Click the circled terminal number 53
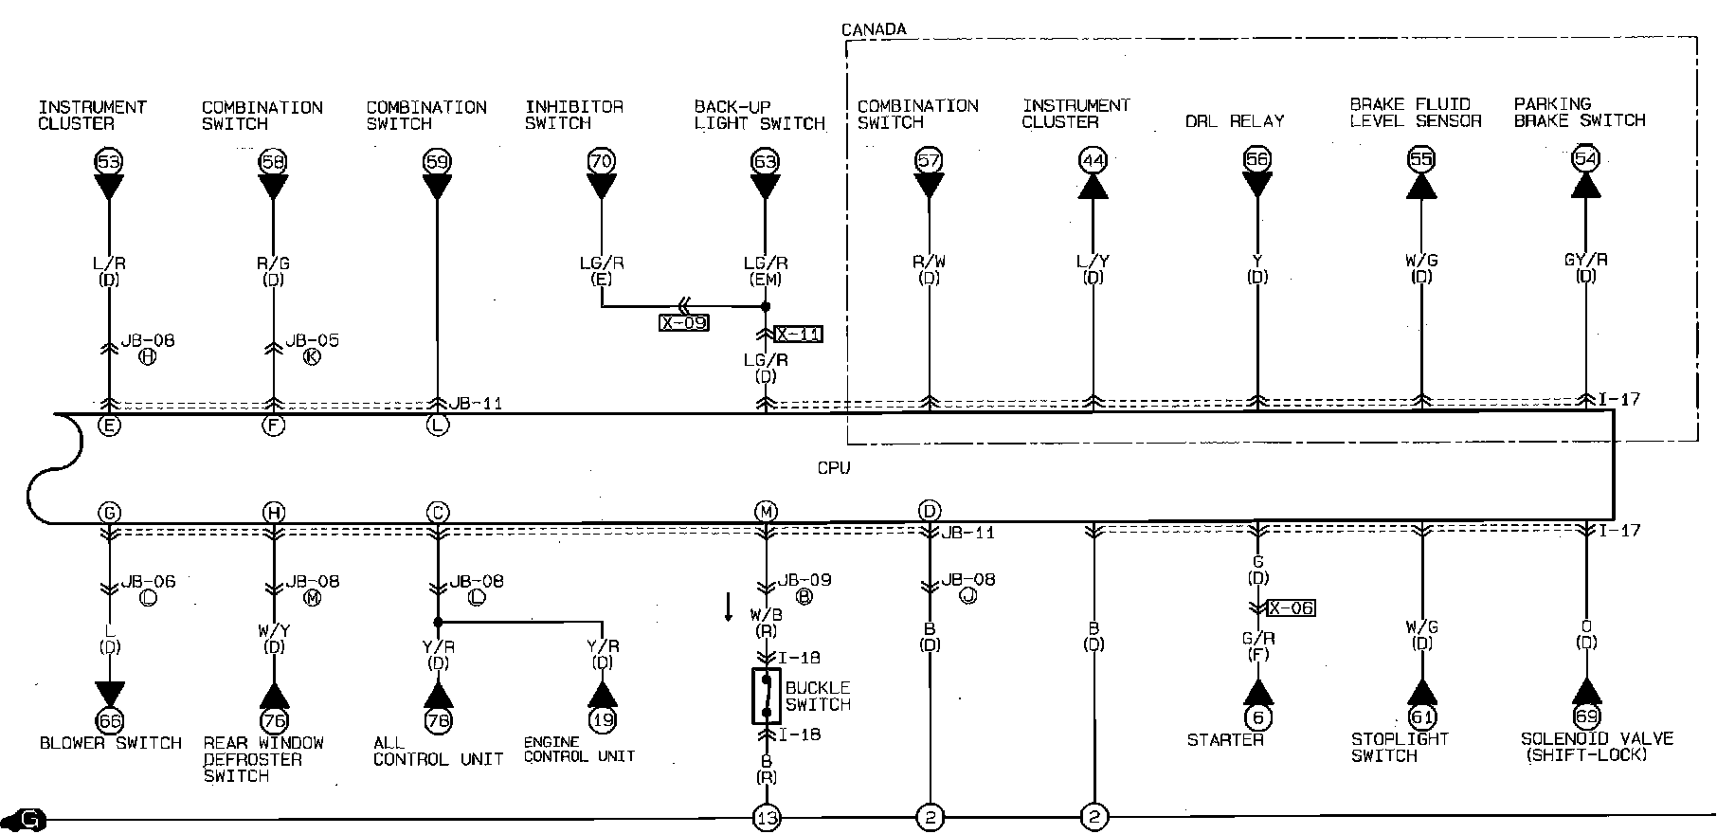pyautogui.click(x=109, y=161)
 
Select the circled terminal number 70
pyautogui.click(x=601, y=161)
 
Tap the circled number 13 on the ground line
pyautogui.click(x=766, y=817)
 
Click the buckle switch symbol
pyautogui.click(x=766, y=697)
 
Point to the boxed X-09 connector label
pyautogui.click(x=683, y=322)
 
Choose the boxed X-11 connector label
pyautogui.click(x=798, y=334)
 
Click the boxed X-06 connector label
pyautogui.click(x=1291, y=607)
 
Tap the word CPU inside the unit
pyautogui.click(x=834, y=468)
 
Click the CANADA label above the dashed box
pyautogui.click(x=874, y=29)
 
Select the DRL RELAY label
pyautogui.click(x=1235, y=121)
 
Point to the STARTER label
pyautogui.click(x=1225, y=739)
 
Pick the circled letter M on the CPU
pyautogui.click(x=766, y=513)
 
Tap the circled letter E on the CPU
pyautogui.click(x=109, y=426)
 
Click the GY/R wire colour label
pyautogui.click(x=1585, y=260)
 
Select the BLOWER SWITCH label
pyautogui.click(x=111, y=743)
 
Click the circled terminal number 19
pyautogui.click(x=602, y=719)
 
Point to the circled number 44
pyautogui.click(x=1093, y=160)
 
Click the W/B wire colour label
pyautogui.click(x=766, y=614)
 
